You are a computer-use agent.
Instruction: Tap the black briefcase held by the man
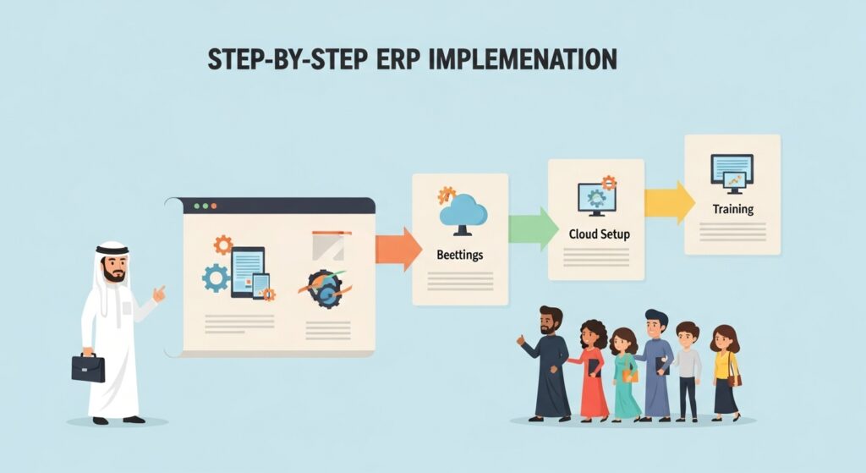[88, 367]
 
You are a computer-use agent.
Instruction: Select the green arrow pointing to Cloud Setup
[532, 228]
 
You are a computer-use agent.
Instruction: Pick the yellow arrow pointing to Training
[668, 202]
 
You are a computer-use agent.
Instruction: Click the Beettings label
[460, 254]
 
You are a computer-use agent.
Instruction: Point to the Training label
[732, 208]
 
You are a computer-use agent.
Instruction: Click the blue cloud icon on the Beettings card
[463, 211]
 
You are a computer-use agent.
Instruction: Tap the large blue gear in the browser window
[216, 278]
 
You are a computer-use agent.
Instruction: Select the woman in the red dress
[593, 369]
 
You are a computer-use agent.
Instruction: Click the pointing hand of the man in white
[158, 294]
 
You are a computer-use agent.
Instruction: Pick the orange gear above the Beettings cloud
[447, 195]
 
